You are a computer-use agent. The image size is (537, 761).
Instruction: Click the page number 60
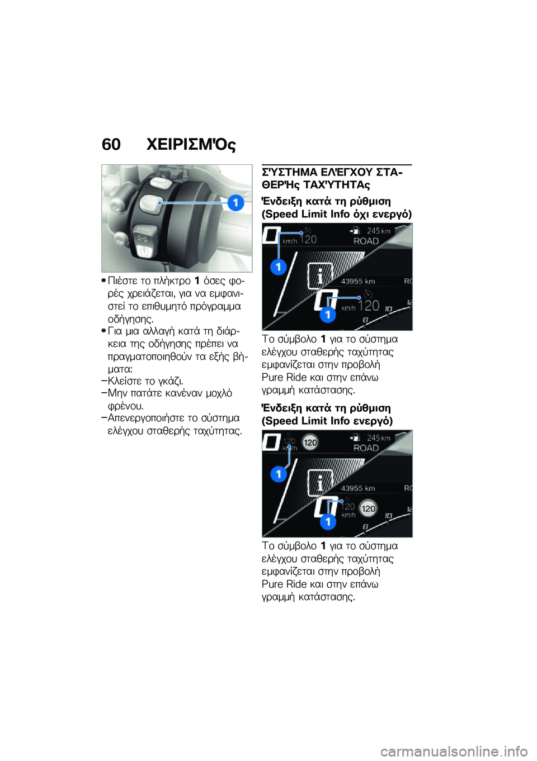pyautogui.click(x=111, y=145)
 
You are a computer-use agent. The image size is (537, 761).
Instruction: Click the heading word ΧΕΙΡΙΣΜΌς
pyautogui.click(x=191, y=145)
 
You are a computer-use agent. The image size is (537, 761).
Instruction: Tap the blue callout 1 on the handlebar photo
pyautogui.click(x=235, y=202)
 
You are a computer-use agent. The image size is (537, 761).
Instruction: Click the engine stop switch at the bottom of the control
pyautogui.click(x=144, y=251)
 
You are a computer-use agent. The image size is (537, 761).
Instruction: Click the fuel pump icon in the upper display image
pyautogui.click(x=355, y=230)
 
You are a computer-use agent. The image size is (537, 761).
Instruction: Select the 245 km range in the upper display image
pyautogui.click(x=379, y=231)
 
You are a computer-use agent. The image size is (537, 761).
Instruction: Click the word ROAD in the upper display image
pyautogui.click(x=366, y=241)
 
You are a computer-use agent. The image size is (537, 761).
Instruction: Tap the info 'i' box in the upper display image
pyautogui.click(x=320, y=275)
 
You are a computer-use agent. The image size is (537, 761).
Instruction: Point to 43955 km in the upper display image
pyautogui.click(x=358, y=282)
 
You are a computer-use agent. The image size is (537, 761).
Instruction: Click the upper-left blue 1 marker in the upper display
pyautogui.click(x=278, y=267)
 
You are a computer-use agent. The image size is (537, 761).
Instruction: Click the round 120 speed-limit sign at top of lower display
pyautogui.click(x=310, y=443)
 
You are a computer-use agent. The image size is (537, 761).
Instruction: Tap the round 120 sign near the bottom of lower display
pyautogui.click(x=368, y=508)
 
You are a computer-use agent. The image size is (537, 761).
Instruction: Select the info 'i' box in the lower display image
pyautogui.click(x=320, y=482)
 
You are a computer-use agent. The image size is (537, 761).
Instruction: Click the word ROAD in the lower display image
pyautogui.click(x=366, y=448)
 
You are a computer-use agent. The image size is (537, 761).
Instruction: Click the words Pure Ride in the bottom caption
pyautogui.click(x=284, y=584)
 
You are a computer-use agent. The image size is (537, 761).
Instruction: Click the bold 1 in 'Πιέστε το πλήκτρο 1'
pyautogui.click(x=197, y=280)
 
